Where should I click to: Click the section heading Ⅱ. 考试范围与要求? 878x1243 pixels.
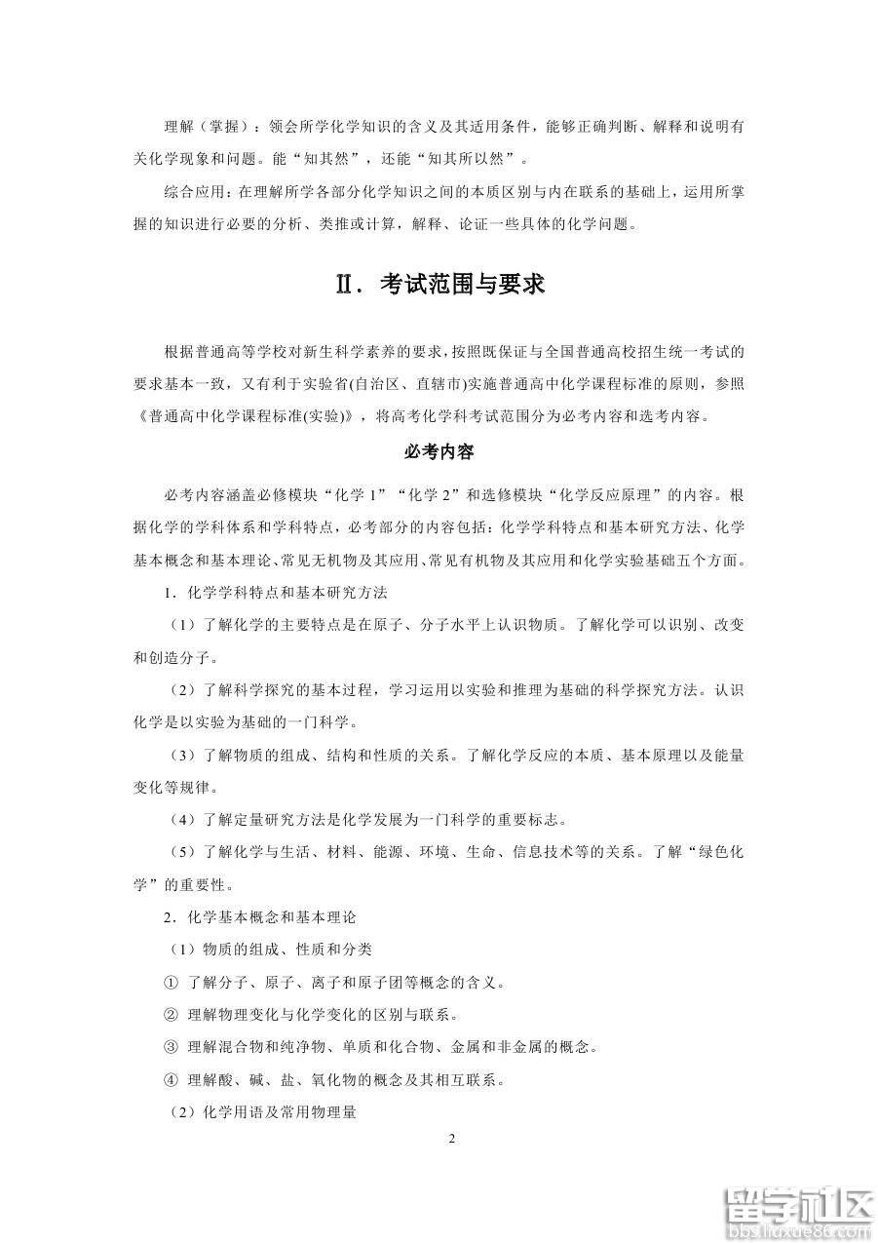[439, 285]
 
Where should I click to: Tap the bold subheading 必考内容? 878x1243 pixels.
[439, 452]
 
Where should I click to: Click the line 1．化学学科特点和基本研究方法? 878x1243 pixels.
[278, 592]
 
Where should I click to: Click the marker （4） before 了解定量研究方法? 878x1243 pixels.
[183, 818]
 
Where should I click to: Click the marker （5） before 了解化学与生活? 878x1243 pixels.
[183, 851]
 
